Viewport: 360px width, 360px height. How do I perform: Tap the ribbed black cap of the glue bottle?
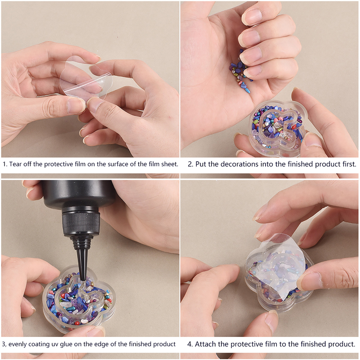tap(81, 223)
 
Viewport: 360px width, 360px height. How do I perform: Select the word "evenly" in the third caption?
tap(18, 345)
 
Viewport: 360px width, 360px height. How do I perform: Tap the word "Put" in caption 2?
tap(201, 164)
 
